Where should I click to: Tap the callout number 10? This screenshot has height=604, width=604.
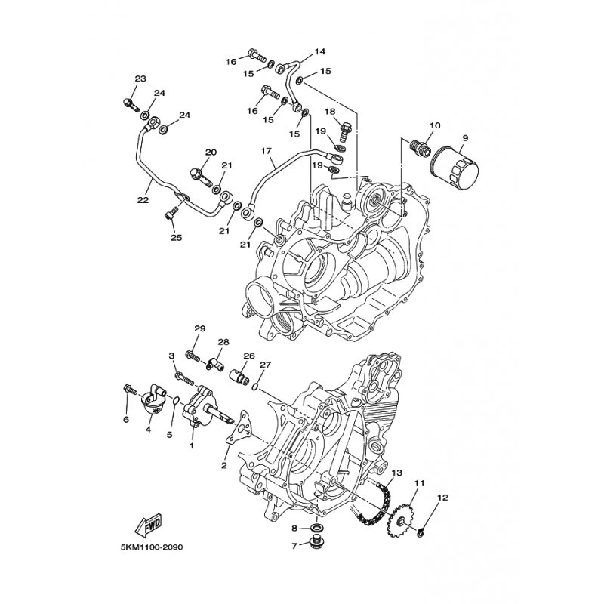pyautogui.click(x=434, y=125)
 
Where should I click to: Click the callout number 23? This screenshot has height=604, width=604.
pyautogui.click(x=140, y=79)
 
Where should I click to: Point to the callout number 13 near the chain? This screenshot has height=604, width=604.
pyautogui.click(x=397, y=473)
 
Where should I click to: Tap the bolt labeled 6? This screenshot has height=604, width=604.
pyautogui.click(x=129, y=390)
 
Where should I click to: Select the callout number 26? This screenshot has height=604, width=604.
pyautogui.click(x=249, y=356)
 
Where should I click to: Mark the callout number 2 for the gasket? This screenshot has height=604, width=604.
pyautogui.click(x=224, y=466)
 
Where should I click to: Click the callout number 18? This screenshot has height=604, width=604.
pyautogui.click(x=330, y=112)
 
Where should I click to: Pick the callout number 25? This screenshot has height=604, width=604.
pyautogui.click(x=176, y=239)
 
